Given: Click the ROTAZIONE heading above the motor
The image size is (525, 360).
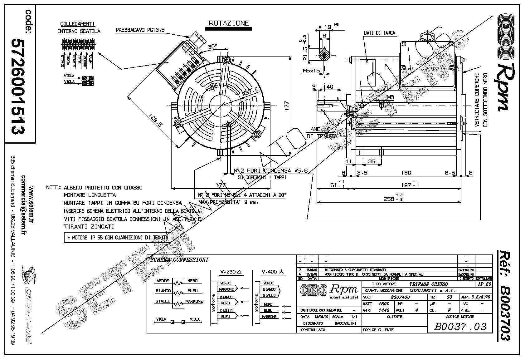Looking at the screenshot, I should (229, 23).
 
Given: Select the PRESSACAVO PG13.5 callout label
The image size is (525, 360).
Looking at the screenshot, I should (140, 30).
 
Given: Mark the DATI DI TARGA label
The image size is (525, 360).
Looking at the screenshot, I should (379, 33).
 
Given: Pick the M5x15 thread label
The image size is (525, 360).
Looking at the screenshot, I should (311, 71).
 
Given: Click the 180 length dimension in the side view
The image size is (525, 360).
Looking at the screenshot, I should (406, 172).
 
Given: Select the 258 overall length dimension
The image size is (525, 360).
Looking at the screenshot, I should (389, 199).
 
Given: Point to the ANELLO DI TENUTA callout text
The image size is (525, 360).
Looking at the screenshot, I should (322, 133).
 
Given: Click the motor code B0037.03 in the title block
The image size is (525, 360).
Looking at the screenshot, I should (460, 327).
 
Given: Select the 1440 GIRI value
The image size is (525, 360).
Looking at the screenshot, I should (384, 310).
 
